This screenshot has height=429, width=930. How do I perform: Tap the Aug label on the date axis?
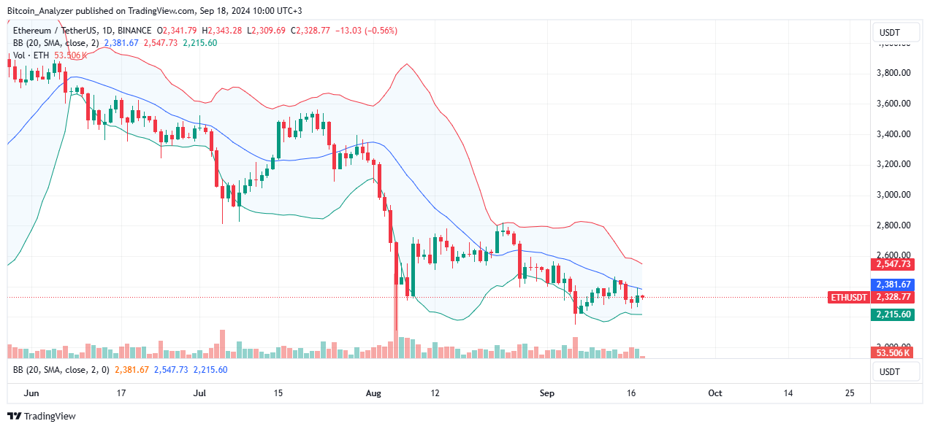click(373, 393)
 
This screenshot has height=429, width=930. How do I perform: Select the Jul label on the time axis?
click(199, 393)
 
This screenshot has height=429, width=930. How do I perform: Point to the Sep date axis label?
click(547, 393)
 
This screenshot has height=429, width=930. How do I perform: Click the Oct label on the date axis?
click(715, 393)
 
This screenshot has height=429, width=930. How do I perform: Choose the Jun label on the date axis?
click(31, 393)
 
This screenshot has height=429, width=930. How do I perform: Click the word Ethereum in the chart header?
click(33, 31)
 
